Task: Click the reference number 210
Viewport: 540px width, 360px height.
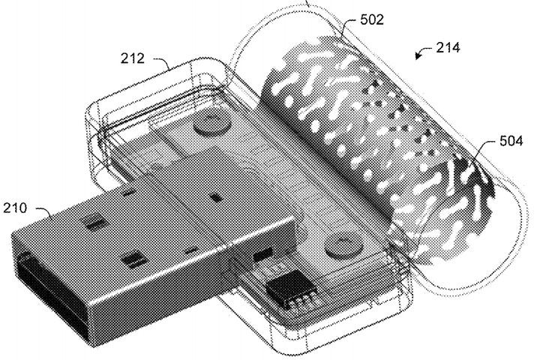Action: coord(15,208)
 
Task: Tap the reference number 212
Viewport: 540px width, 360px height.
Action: coord(132,58)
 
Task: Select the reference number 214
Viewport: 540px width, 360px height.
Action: coord(448,47)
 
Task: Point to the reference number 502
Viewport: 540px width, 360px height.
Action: coord(372,19)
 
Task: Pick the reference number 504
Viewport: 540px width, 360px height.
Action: coord(511,141)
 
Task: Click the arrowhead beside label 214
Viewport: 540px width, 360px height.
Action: coord(418,55)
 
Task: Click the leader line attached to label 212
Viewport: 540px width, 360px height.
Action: coord(162,62)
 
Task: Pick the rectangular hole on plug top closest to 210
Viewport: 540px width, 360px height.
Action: coord(96,223)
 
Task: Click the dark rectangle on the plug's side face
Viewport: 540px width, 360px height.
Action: coord(262,254)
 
